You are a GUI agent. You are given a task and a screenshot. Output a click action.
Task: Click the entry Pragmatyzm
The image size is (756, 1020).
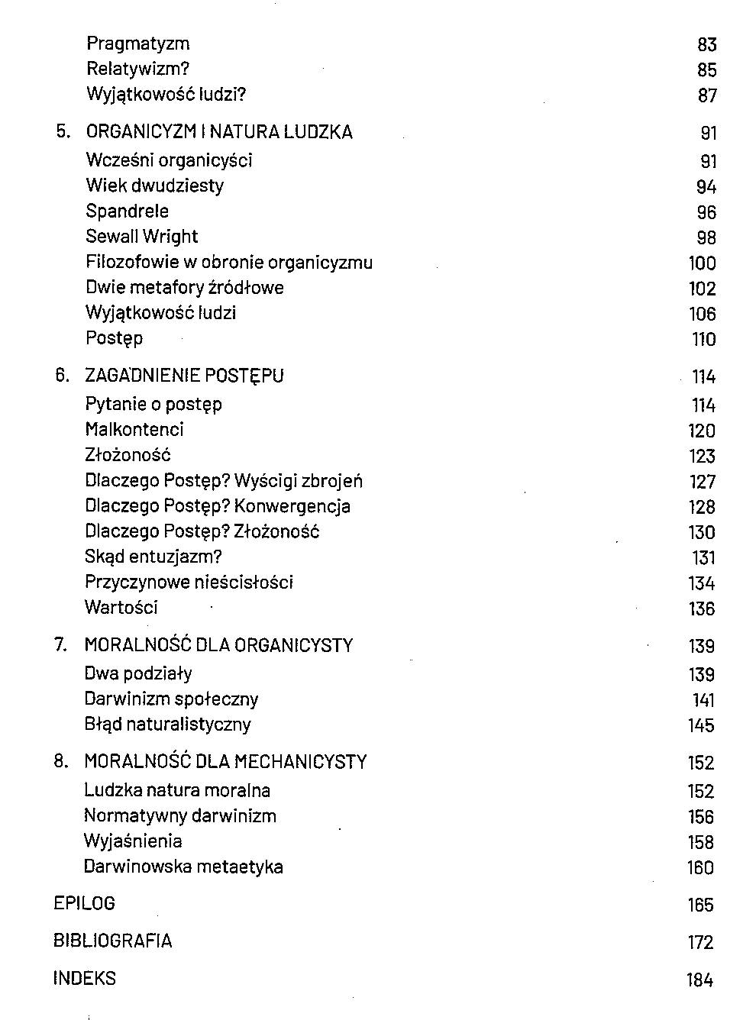pos(137,44)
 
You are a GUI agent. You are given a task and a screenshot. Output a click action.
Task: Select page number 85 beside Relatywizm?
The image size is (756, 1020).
pos(706,70)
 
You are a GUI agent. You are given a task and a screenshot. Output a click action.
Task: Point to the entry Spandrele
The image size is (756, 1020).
pos(127,211)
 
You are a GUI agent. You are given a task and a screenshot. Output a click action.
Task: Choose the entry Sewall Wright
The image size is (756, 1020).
pos(141,237)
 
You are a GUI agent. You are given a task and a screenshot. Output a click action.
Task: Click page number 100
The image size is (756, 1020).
pos(702,263)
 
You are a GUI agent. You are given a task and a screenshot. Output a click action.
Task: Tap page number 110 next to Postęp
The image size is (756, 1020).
pos(703,340)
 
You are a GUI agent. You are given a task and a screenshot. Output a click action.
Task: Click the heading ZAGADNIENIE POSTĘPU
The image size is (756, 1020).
pos(184,376)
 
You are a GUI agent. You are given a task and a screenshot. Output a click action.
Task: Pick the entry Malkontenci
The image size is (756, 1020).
pos(134,430)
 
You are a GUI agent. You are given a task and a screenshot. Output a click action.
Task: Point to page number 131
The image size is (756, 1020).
pos(703,558)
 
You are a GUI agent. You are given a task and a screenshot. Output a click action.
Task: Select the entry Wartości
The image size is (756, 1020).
pos(121,608)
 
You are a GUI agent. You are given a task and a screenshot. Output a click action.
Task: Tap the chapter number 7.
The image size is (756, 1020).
pos(60,645)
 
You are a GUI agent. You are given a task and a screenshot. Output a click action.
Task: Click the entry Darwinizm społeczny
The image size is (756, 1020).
pos(171,699)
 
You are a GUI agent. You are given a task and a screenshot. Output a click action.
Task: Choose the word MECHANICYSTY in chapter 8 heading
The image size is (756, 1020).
pos(300,762)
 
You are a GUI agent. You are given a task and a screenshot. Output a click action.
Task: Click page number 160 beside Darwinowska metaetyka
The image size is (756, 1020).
pos(700,868)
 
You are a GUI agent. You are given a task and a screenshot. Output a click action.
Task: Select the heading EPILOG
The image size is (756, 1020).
pos(84,904)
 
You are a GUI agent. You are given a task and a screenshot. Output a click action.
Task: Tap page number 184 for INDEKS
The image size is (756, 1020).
pos(699,980)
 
